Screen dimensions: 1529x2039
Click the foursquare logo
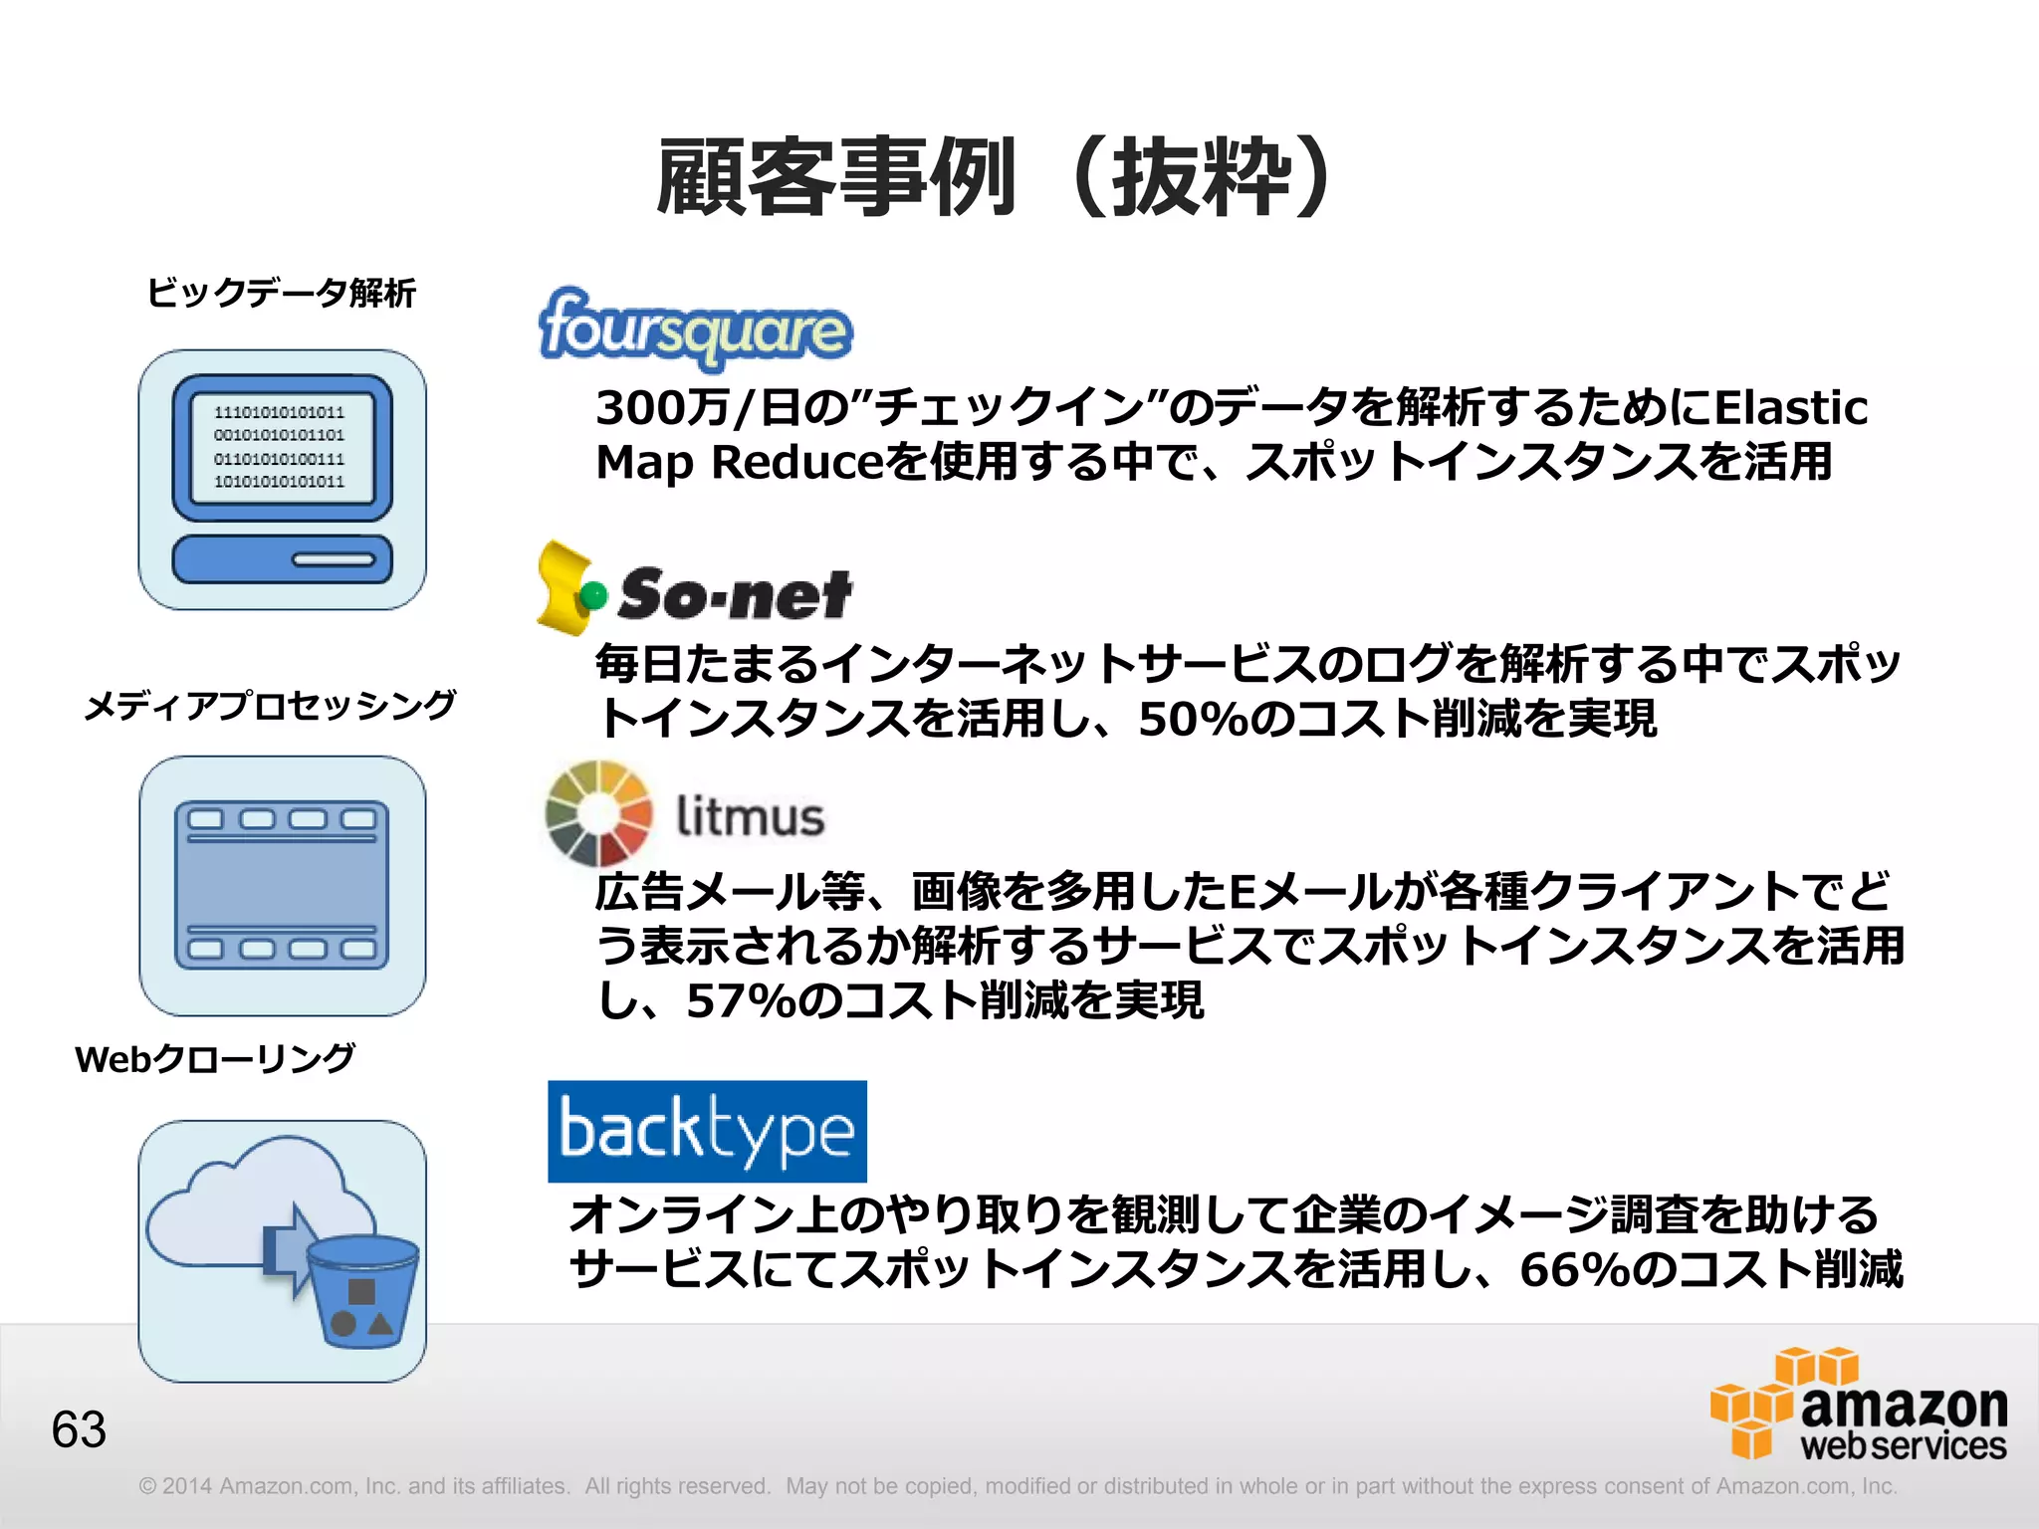tap(695, 327)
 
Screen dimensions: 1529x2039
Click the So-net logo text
tap(735, 594)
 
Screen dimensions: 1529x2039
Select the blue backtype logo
tap(707, 1131)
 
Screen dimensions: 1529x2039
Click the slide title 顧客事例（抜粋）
tap(996, 177)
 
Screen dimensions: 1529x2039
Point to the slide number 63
tap(79, 1429)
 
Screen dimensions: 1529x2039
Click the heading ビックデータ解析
tap(281, 293)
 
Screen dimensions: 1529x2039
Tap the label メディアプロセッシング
tap(270, 705)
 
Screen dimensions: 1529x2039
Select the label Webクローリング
tap(215, 1058)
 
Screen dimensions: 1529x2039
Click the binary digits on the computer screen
tap(280, 447)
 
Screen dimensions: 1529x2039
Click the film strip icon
tap(282, 885)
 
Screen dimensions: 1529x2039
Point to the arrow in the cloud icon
tap(289, 1250)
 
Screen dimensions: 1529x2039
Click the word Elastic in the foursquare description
tap(1791, 407)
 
